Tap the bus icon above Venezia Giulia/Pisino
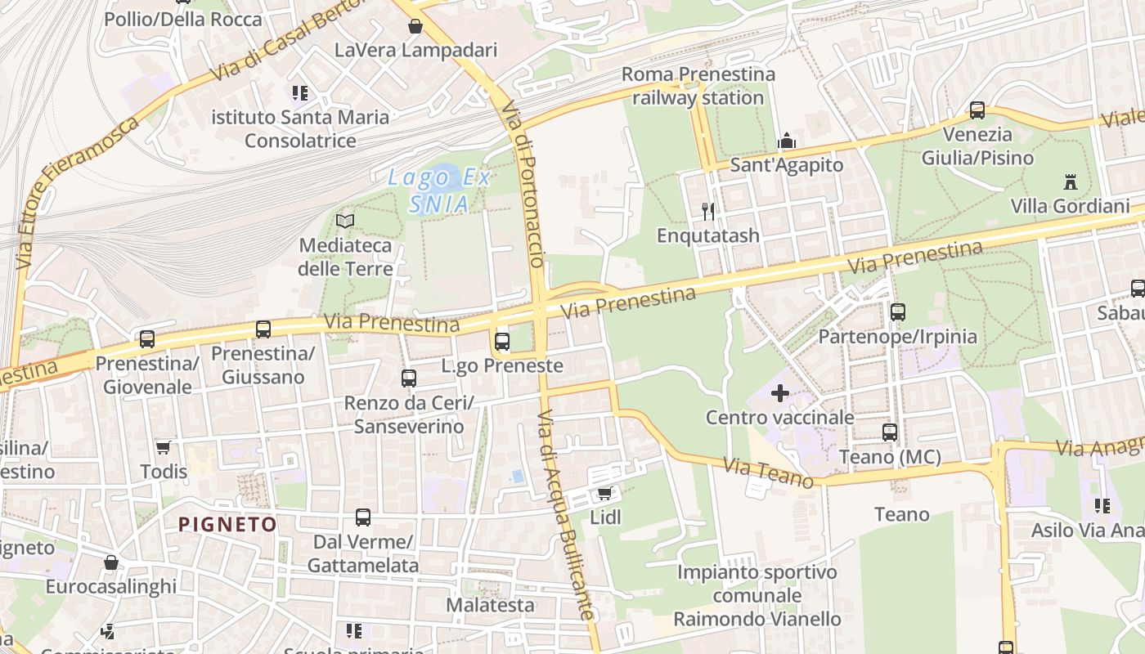[977, 110]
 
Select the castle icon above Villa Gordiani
[1070, 181]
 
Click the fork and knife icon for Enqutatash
[708, 212]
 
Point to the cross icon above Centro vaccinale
[780, 393]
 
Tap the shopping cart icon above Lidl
[605, 493]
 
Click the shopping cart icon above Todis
[164, 447]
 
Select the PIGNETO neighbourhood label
[227, 524]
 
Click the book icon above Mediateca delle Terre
[345, 221]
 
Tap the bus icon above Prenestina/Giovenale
[147, 338]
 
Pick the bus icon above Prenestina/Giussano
[263, 329]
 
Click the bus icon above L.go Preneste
[502, 341]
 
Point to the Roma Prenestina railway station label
[698, 86]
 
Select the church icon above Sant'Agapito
[787, 141]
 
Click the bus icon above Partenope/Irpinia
[898, 312]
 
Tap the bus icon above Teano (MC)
[890, 432]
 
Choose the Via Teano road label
[768, 473]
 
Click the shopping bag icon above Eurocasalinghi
[111, 562]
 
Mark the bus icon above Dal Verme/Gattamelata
[363, 517]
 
